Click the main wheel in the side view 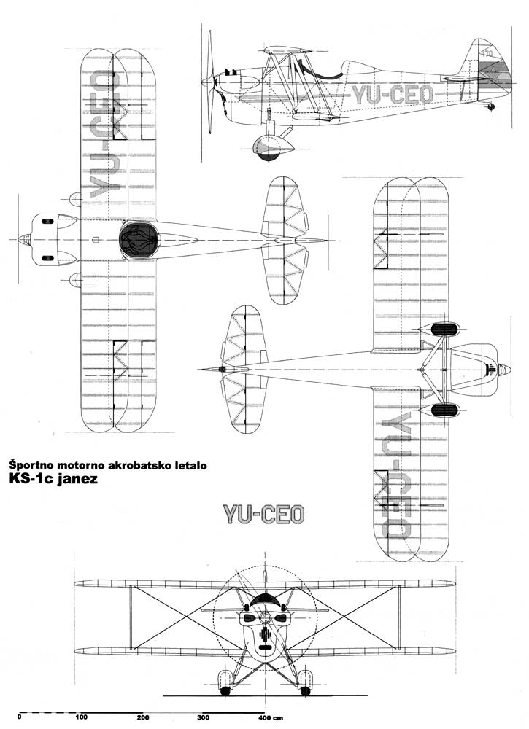(267, 149)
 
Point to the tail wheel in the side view (491, 106)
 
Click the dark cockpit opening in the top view (139, 240)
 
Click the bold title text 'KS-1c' (30, 480)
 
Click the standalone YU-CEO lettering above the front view (263, 515)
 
